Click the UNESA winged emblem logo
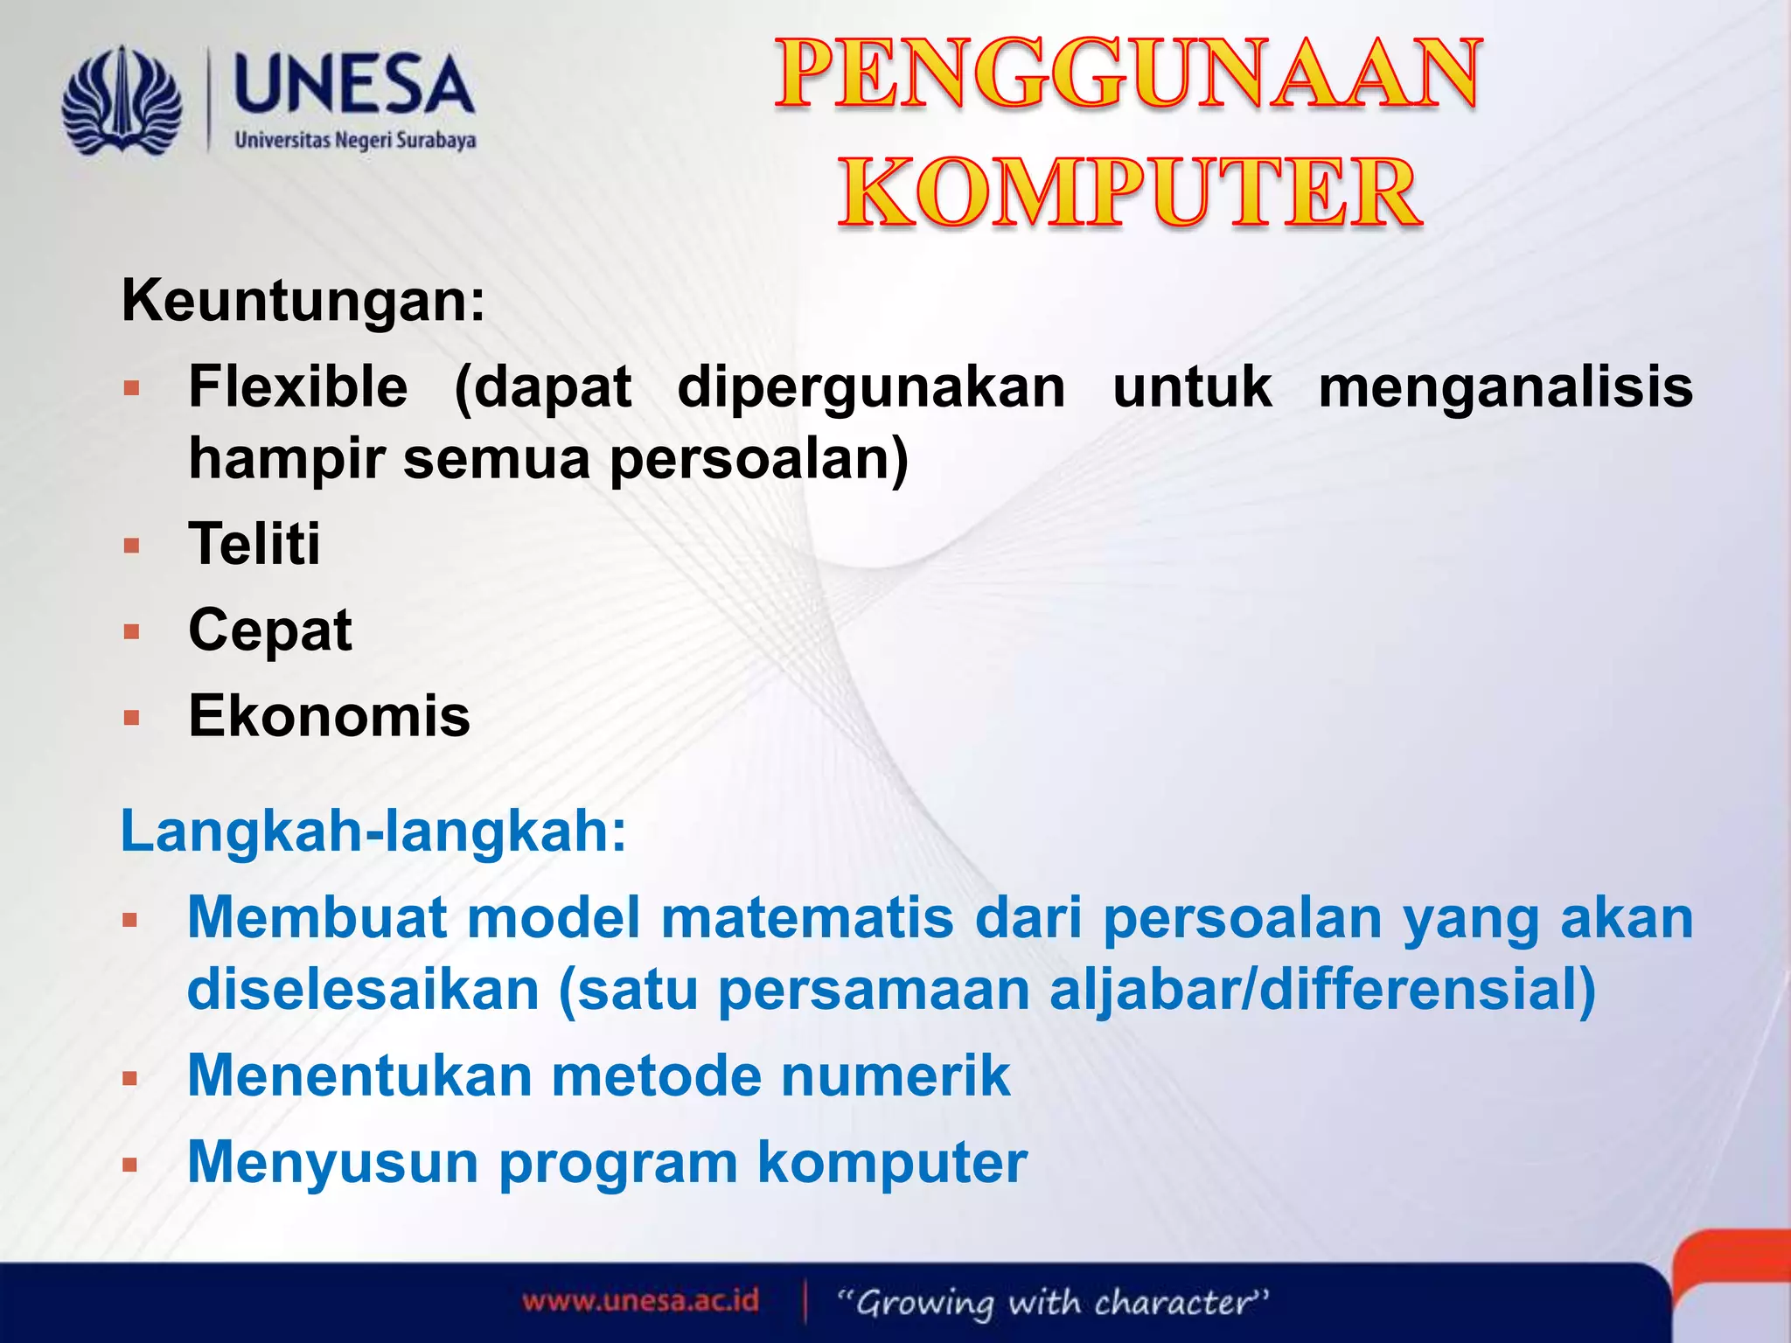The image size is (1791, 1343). click(122, 102)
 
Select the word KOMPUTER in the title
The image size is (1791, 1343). click(1128, 192)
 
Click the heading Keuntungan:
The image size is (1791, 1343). click(303, 302)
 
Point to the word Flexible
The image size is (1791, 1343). click(298, 387)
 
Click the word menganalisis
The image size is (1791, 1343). click(1505, 387)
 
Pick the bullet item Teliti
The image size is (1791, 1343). click(254, 544)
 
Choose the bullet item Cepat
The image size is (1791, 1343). click(270, 630)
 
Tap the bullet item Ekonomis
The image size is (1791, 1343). click(329, 716)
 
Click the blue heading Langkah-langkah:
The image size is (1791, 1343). click(373, 832)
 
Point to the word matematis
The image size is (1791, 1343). click(806, 918)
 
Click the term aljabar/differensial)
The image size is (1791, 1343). click(1322, 991)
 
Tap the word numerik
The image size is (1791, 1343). click(895, 1076)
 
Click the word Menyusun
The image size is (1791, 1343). click(332, 1164)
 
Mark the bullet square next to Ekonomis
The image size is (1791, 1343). click(132, 719)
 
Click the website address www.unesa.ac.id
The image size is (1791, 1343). click(640, 1301)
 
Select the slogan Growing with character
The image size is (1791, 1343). click(1053, 1303)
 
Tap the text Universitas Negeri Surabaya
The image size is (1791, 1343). click(355, 141)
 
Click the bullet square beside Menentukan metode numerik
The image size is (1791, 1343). click(131, 1079)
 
